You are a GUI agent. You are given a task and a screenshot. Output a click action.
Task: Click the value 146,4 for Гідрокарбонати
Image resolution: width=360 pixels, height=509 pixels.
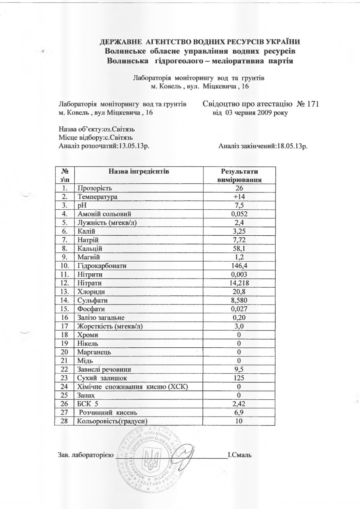(239, 265)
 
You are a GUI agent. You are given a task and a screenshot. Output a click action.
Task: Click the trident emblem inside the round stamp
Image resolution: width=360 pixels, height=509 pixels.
(152, 459)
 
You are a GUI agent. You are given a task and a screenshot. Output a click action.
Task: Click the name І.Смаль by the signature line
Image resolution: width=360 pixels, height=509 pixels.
(239, 455)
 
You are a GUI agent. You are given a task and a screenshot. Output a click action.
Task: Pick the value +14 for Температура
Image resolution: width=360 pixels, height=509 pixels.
(239, 196)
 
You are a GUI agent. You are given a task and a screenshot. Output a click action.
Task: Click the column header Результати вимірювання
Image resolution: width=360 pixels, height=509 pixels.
(239, 175)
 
